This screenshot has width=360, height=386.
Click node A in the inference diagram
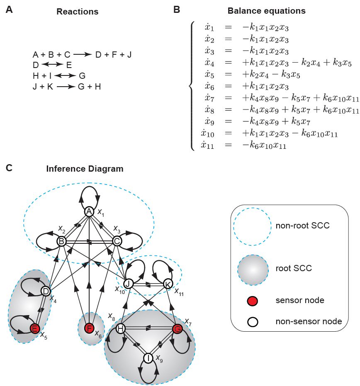(x=89, y=211)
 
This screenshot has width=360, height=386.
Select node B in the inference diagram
(x=61, y=241)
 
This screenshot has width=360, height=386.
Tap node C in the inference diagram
(x=117, y=241)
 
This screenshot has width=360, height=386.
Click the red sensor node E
(x=35, y=329)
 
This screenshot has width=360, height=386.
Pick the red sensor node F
(x=89, y=329)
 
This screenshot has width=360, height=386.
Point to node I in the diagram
(x=148, y=357)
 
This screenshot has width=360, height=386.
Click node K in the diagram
(x=168, y=284)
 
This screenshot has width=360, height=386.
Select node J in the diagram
(x=129, y=284)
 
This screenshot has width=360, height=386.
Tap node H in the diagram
(x=120, y=329)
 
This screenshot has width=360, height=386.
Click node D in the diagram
(x=46, y=291)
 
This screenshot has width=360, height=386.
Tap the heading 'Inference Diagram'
(x=85, y=169)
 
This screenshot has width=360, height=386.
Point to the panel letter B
(x=176, y=10)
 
